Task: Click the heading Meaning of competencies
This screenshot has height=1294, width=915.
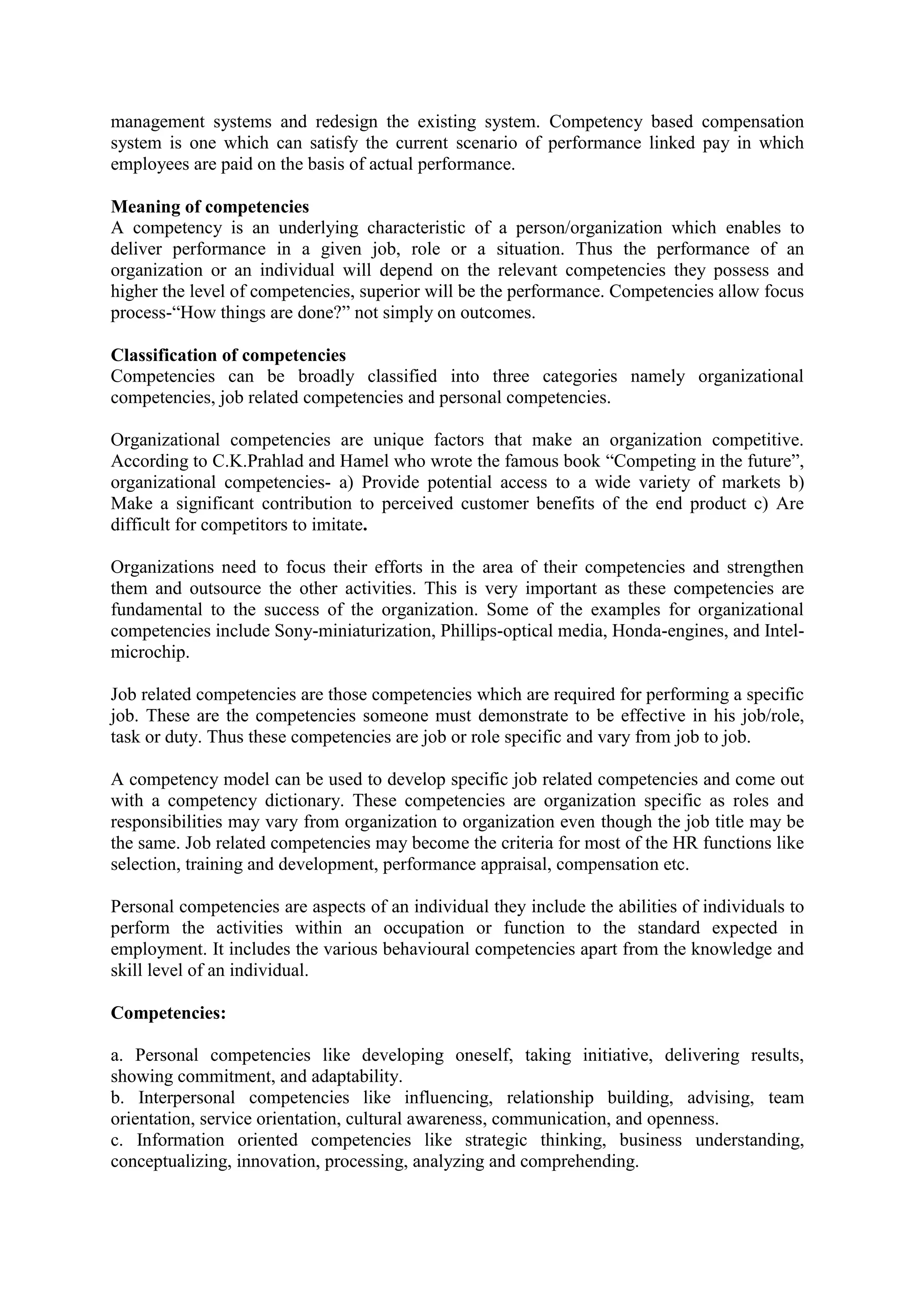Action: pos(210,207)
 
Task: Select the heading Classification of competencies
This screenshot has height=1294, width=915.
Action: pos(228,355)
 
